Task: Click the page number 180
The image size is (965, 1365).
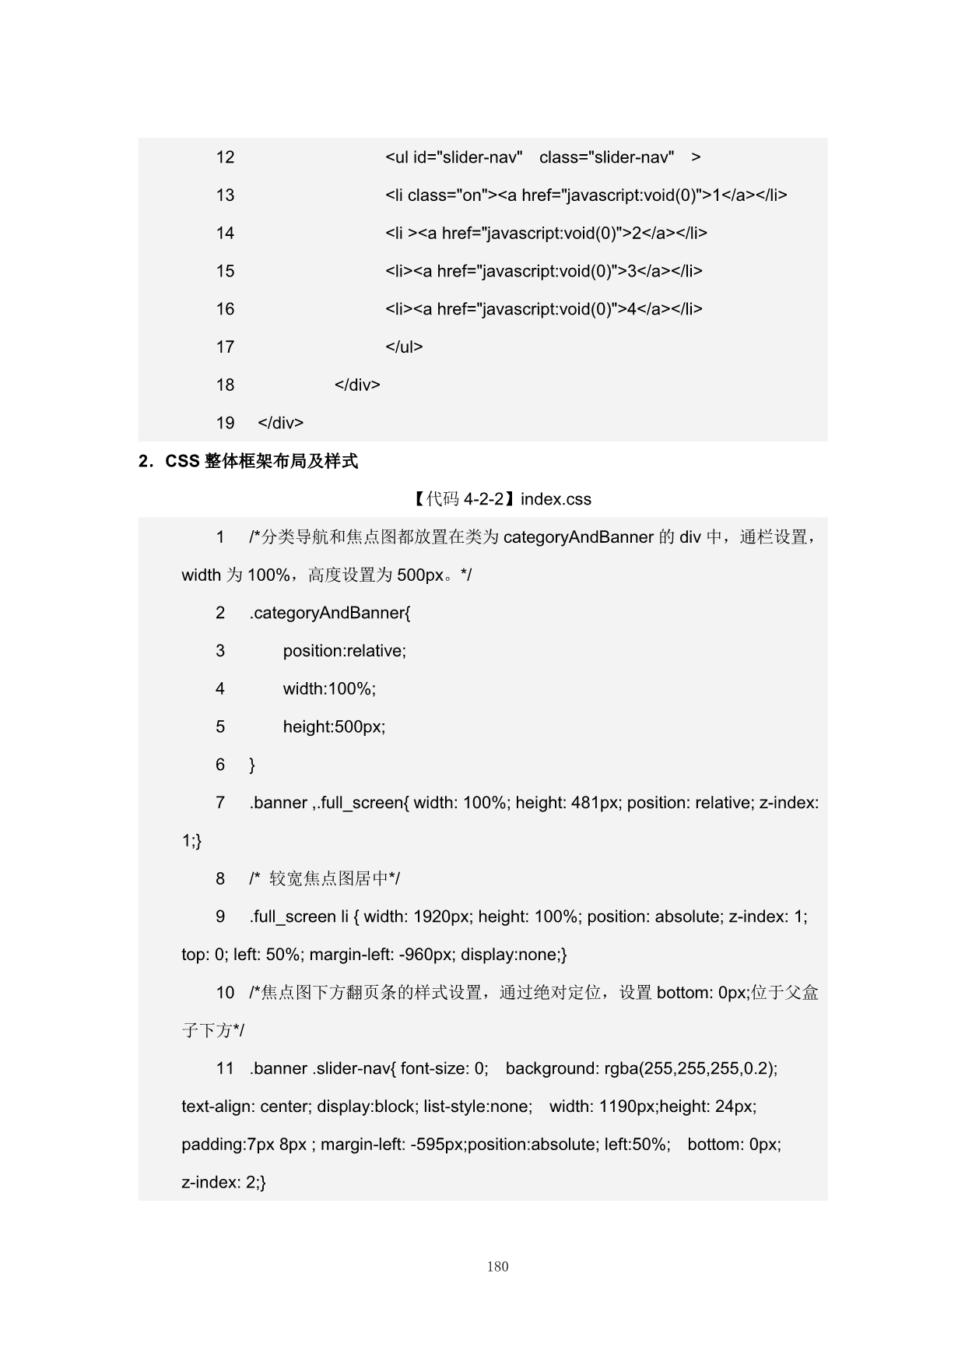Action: [x=497, y=1266]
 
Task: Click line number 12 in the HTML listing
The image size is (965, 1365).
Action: [x=225, y=157]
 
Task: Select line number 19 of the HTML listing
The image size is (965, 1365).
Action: [x=225, y=423]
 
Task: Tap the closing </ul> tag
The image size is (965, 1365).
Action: [x=404, y=347]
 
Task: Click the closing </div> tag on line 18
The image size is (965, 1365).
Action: [x=357, y=385]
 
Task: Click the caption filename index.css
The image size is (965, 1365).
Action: [x=556, y=499]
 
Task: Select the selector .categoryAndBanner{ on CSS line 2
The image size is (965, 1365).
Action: [x=330, y=613]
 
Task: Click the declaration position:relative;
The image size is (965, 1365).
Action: [x=344, y=651]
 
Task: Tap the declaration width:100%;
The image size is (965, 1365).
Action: [x=329, y=689]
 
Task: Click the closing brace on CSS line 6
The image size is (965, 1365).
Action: [x=252, y=765]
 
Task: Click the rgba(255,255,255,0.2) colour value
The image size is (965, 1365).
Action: [x=690, y=1068]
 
